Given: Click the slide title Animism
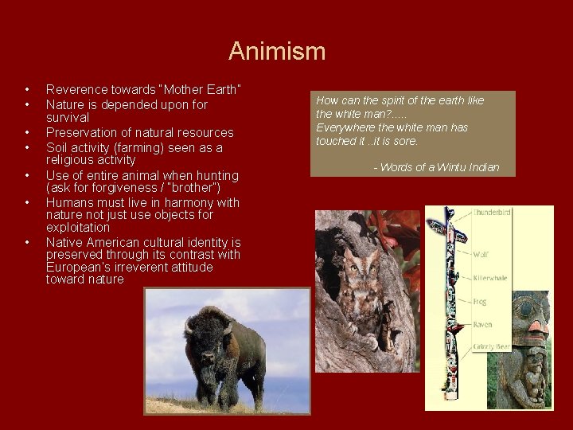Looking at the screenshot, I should [277, 52].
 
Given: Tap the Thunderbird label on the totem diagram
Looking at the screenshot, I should [493, 213].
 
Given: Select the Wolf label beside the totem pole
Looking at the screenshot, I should [481, 255].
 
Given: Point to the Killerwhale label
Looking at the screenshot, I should [490, 278].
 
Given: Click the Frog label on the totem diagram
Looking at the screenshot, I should [481, 302].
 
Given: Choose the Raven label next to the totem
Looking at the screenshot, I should [483, 325].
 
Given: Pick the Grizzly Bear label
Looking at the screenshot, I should [492, 347].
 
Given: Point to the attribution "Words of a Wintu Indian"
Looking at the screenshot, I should [436, 167].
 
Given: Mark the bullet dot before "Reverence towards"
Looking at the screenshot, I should [27, 88].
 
